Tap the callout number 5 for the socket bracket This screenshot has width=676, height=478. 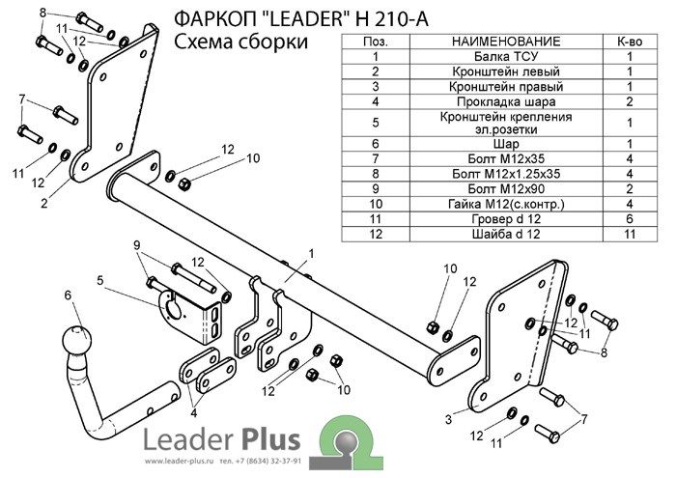(100, 281)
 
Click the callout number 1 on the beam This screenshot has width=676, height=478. (311, 254)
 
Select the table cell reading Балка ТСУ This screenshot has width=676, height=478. (506, 56)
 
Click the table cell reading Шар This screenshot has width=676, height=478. (506, 144)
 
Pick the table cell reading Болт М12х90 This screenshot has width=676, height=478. (506, 189)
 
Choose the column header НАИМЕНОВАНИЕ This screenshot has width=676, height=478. (506, 42)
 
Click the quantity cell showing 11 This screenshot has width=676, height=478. (630, 234)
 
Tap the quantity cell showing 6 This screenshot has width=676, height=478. (630, 219)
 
